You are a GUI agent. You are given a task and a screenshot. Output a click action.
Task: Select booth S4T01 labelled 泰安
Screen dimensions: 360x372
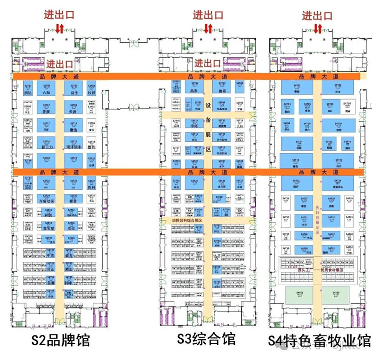click(x=297, y=88)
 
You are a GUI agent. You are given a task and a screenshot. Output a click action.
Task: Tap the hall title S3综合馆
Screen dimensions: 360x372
click(x=207, y=339)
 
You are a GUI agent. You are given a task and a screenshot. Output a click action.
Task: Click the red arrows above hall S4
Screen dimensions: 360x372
click(x=318, y=29)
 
